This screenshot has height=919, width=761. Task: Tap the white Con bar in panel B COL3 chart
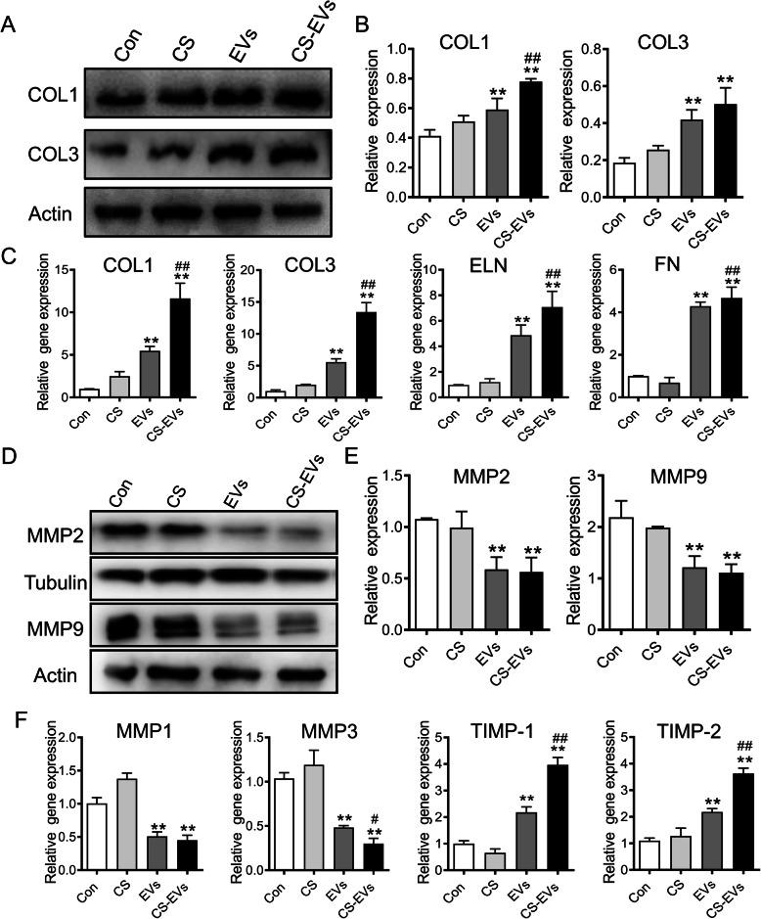(x=616, y=179)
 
